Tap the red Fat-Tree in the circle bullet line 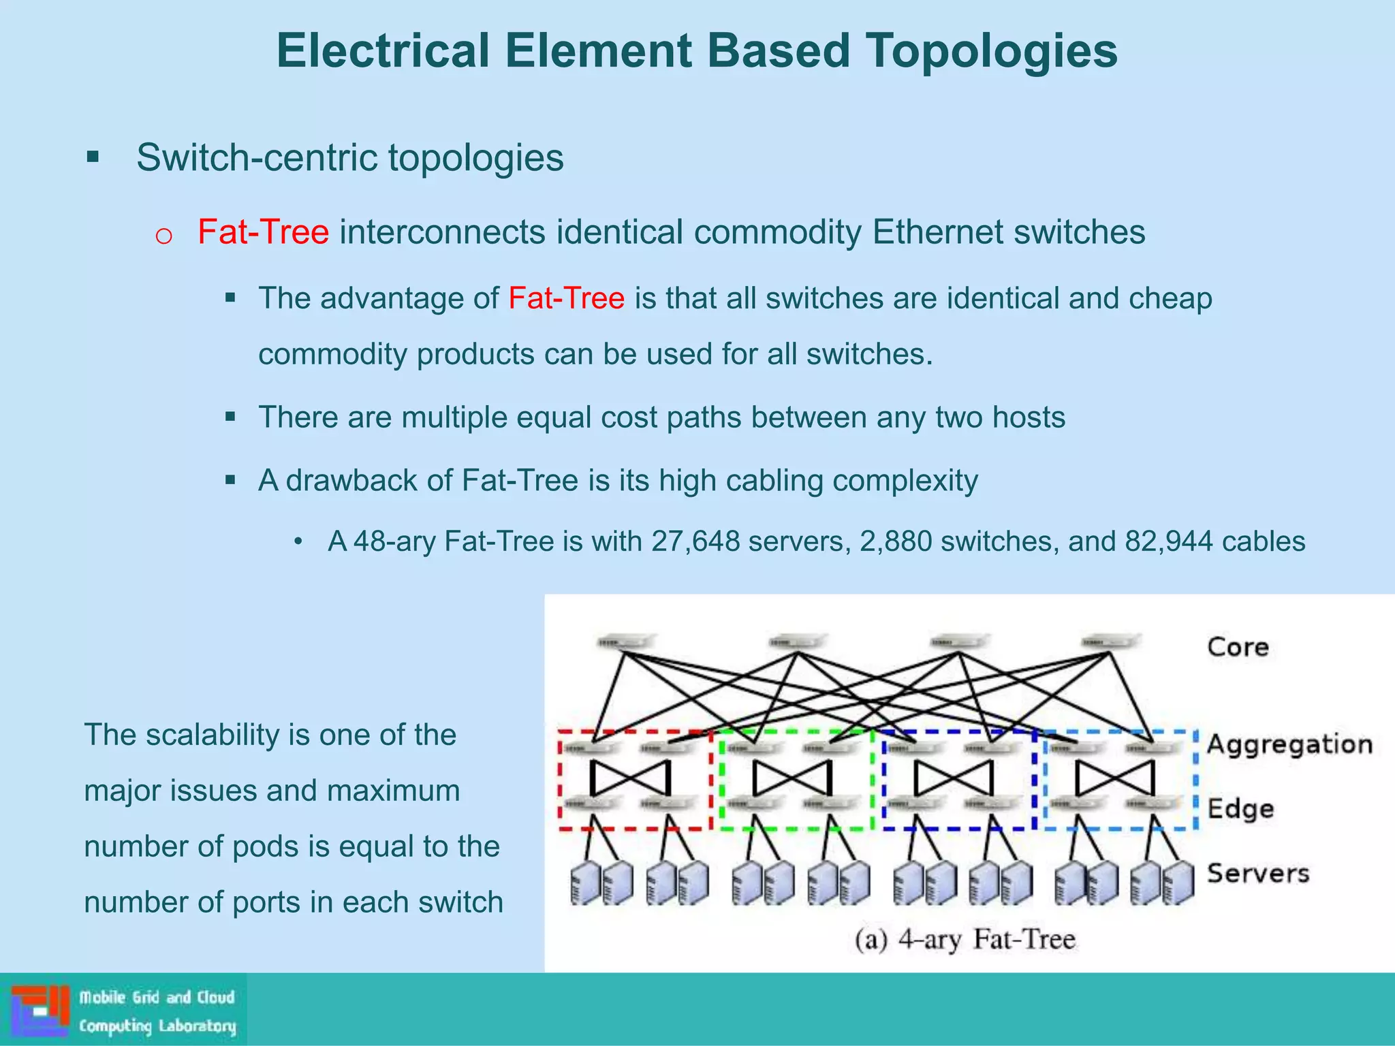pyautogui.click(x=263, y=232)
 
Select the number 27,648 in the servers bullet pyautogui.click(x=695, y=541)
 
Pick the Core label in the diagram pyautogui.click(x=1238, y=646)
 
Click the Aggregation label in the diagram pyautogui.click(x=1289, y=744)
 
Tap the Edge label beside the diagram pyautogui.click(x=1240, y=808)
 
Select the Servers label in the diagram pyautogui.click(x=1258, y=872)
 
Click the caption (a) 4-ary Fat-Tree pyautogui.click(x=965, y=940)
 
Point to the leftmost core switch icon pyautogui.click(x=625, y=642)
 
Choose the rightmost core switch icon pyautogui.click(x=1110, y=642)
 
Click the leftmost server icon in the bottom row pyautogui.click(x=586, y=883)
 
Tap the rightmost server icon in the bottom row pyautogui.click(x=1178, y=883)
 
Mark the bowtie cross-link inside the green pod pyautogui.click(x=791, y=778)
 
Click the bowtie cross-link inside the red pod pyautogui.click(x=630, y=778)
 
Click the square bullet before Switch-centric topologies pyautogui.click(x=93, y=158)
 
